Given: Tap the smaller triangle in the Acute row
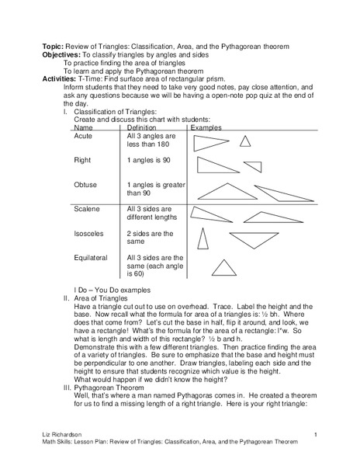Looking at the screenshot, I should point(245,141).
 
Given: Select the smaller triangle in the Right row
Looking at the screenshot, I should point(253,166).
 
